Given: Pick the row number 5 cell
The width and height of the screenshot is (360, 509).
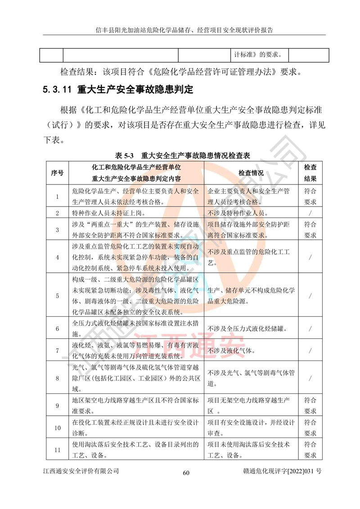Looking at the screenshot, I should coord(57,296).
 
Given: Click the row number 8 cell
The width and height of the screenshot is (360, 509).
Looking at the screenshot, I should coord(57,378).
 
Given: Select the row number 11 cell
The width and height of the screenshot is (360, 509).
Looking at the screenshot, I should coord(57,450).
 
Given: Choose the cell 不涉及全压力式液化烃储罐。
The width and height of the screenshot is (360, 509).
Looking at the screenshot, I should coord(252,329).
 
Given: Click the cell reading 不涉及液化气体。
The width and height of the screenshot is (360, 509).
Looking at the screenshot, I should coord(232,350).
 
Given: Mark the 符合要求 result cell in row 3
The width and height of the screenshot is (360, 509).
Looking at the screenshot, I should coord(310,230).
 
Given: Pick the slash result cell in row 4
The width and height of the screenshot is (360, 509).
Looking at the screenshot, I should coord(310,257).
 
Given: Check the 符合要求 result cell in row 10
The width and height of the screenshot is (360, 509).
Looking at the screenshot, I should coord(310,428).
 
